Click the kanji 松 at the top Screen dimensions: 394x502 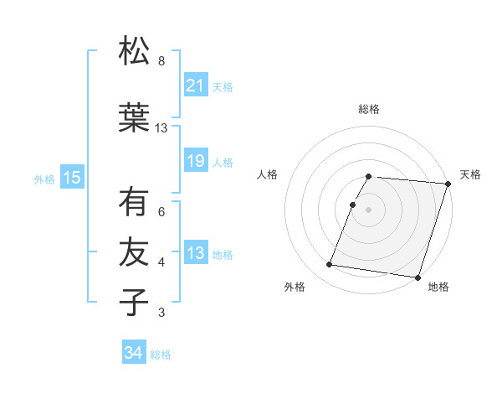click(133, 51)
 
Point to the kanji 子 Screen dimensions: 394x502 click(133, 303)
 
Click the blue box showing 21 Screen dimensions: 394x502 click(195, 86)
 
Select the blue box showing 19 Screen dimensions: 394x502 click(195, 161)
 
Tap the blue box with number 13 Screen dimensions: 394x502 click(195, 254)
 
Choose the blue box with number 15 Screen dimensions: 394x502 click(71, 177)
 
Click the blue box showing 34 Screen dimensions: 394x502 click(133, 353)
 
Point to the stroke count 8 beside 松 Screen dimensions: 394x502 click(161, 61)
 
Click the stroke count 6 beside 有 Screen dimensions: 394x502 click(161, 212)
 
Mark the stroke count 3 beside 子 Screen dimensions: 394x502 click(161, 313)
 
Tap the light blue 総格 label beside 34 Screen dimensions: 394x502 click(161, 355)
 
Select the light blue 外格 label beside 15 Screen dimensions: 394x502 click(44, 179)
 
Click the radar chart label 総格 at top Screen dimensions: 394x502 click(369, 109)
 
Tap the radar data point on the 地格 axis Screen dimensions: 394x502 click(417, 277)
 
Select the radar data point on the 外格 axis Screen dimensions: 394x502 click(329, 265)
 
